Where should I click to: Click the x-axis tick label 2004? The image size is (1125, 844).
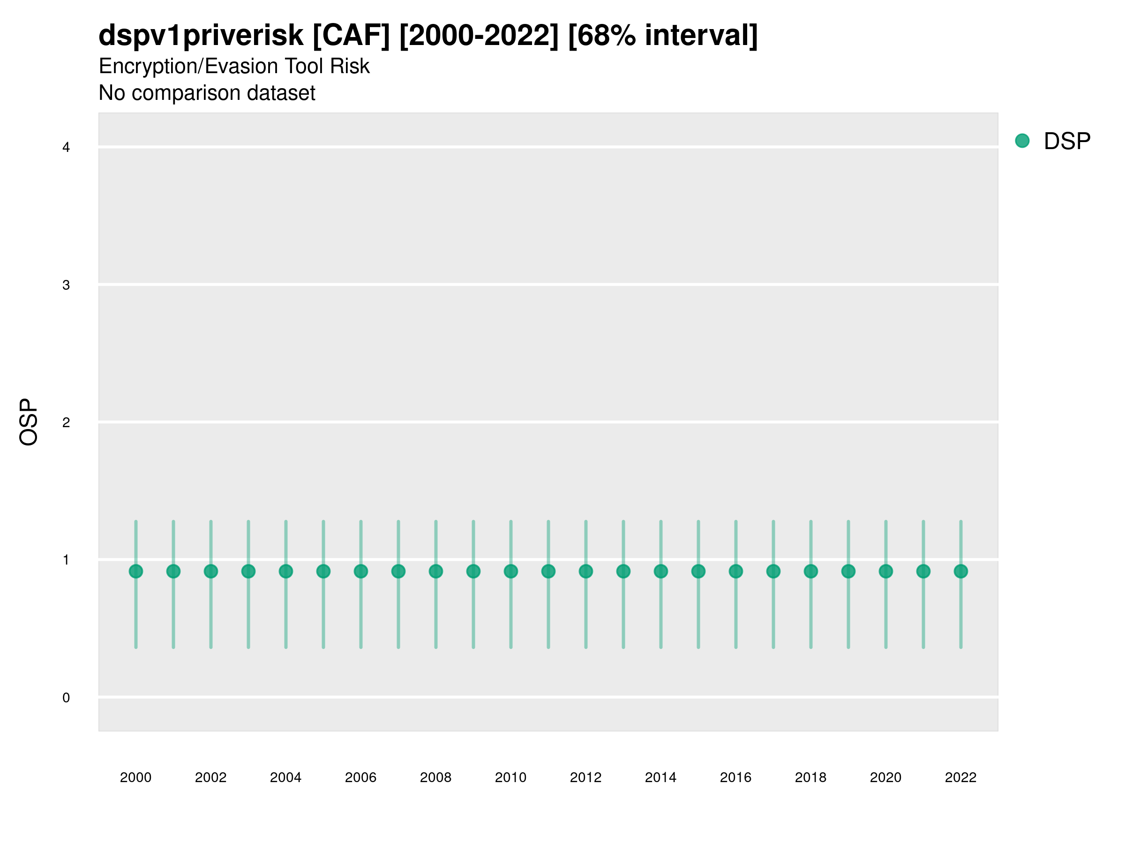click(x=285, y=777)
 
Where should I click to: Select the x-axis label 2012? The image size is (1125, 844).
click(x=585, y=777)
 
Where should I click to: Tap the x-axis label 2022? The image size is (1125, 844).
click(x=961, y=777)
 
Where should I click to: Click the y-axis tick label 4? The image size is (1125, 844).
click(x=66, y=148)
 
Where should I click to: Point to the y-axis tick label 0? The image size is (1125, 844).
click(x=66, y=698)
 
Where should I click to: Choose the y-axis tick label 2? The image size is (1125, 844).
click(x=66, y=423)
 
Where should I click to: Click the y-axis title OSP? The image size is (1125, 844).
click(x=29, y=422)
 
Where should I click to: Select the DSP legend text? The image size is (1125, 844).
click(x=1067, y=141)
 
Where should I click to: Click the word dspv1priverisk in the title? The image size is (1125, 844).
click(x=201, y=36)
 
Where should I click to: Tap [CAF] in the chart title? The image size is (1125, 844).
click(x=351, y=36)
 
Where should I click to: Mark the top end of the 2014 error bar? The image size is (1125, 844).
click(x=660, y=521)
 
